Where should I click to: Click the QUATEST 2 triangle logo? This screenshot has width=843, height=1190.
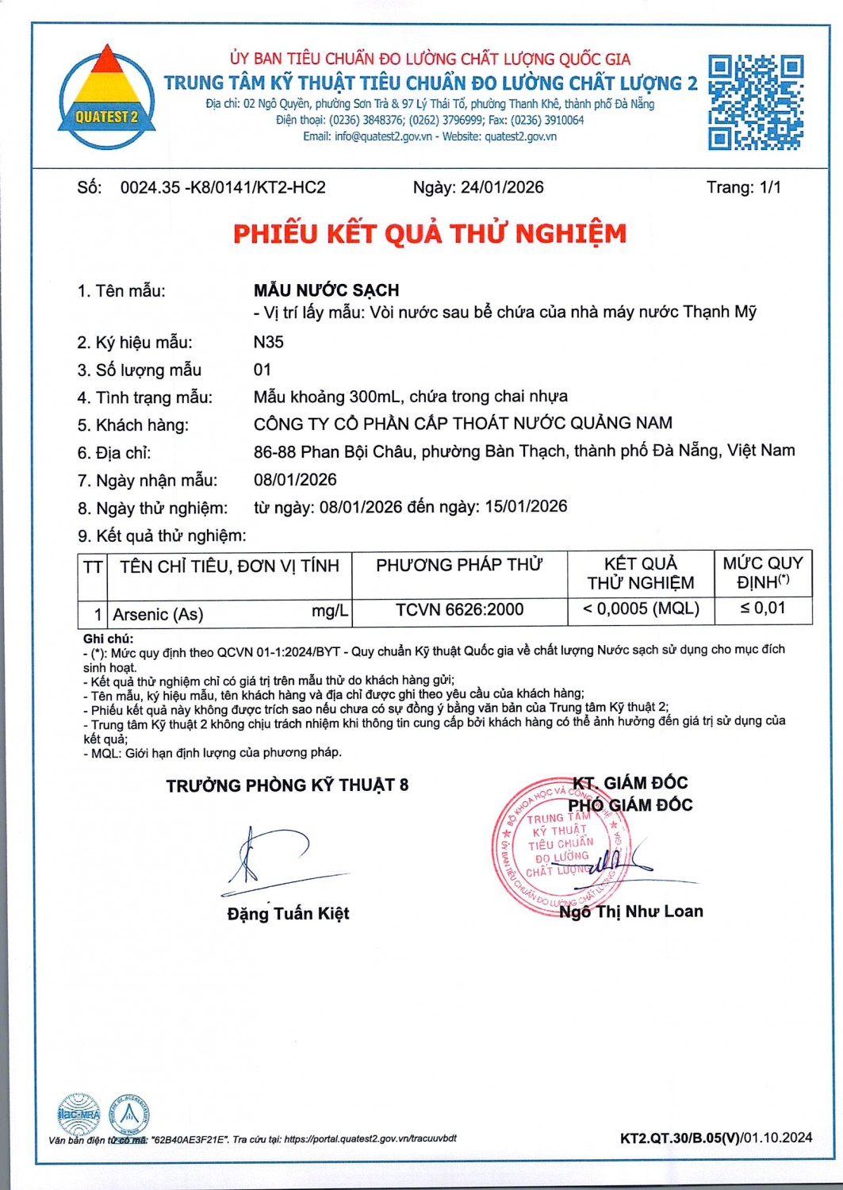pos(106,98)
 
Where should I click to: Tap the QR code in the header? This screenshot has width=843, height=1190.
pos(755,102)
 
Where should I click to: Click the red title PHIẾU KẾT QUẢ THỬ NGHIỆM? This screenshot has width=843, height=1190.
pos(429,233)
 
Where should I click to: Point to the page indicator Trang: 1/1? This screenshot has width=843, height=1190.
pos(743,187)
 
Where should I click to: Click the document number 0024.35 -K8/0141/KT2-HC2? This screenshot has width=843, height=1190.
pos(223,187)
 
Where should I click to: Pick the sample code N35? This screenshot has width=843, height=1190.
pos(268,342)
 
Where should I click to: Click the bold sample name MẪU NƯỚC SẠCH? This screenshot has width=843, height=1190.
pos(326,290)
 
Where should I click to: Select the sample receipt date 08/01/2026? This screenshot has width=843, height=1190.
pos(295,479)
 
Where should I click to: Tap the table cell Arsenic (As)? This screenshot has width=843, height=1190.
pos(158,614)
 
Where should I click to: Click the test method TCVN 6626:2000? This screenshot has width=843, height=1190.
pos(459,609)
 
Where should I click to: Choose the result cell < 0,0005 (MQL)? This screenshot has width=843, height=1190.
pos(641,608)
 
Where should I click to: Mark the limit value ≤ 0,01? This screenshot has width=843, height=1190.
pos(762,608)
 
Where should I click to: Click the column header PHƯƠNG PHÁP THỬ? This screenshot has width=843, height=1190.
pos(459,565)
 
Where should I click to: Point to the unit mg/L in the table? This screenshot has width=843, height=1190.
pos(329,610)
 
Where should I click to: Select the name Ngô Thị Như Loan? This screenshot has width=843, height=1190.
pos(630,912)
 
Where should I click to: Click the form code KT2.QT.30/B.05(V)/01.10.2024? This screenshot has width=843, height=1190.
pos(715,1138)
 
